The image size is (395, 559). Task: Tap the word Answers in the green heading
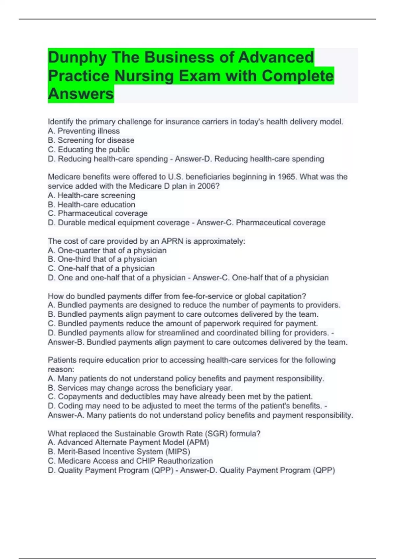(81, 94)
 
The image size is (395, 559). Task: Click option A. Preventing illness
(84, 131)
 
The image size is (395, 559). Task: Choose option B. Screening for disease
(91, 140)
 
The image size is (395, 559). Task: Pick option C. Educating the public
(89, 150)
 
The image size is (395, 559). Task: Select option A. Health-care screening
(92, 195)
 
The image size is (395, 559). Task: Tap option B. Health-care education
(92, 205)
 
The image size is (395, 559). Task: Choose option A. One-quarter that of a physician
(107, 251)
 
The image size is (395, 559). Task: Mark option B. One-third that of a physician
(102, 259)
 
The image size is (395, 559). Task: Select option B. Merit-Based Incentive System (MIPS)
(119, 452)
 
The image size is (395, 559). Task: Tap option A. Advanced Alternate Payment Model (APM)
(128, 443)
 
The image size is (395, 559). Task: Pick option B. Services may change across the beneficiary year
(140, 388)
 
